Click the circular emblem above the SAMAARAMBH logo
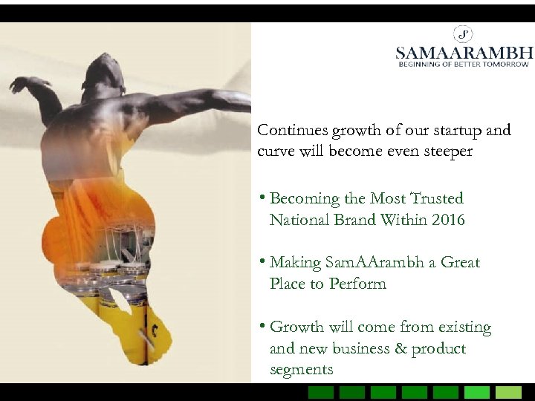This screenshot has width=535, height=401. (x=464, y=34)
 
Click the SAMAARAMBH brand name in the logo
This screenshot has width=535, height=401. (x=464, y=53)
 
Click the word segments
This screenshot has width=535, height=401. (x=301, y=369)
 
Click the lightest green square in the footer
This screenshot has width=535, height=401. (x=508, y=392)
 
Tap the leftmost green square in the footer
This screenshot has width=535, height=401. (x=321, y=392)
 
